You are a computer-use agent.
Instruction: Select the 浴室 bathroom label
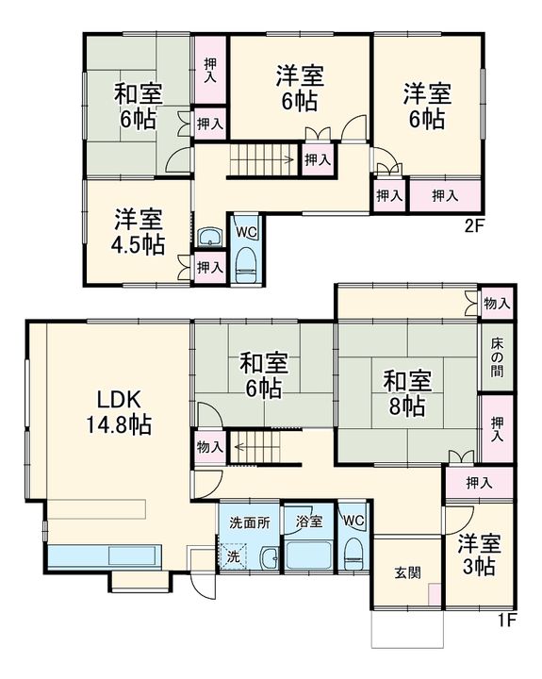tap(308, 520)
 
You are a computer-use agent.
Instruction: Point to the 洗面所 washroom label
tap(250, 520)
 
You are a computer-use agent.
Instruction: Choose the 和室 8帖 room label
tap(407, 393)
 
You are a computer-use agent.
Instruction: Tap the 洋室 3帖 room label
tap(479, 555)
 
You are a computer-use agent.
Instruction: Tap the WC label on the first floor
tap(353, 520)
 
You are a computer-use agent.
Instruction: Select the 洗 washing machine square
tap(232, 556)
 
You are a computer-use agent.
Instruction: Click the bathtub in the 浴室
tap(308, 554)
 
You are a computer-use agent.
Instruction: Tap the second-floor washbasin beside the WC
tap(209, 237)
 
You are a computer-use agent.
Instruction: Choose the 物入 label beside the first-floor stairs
tap(209, 447)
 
